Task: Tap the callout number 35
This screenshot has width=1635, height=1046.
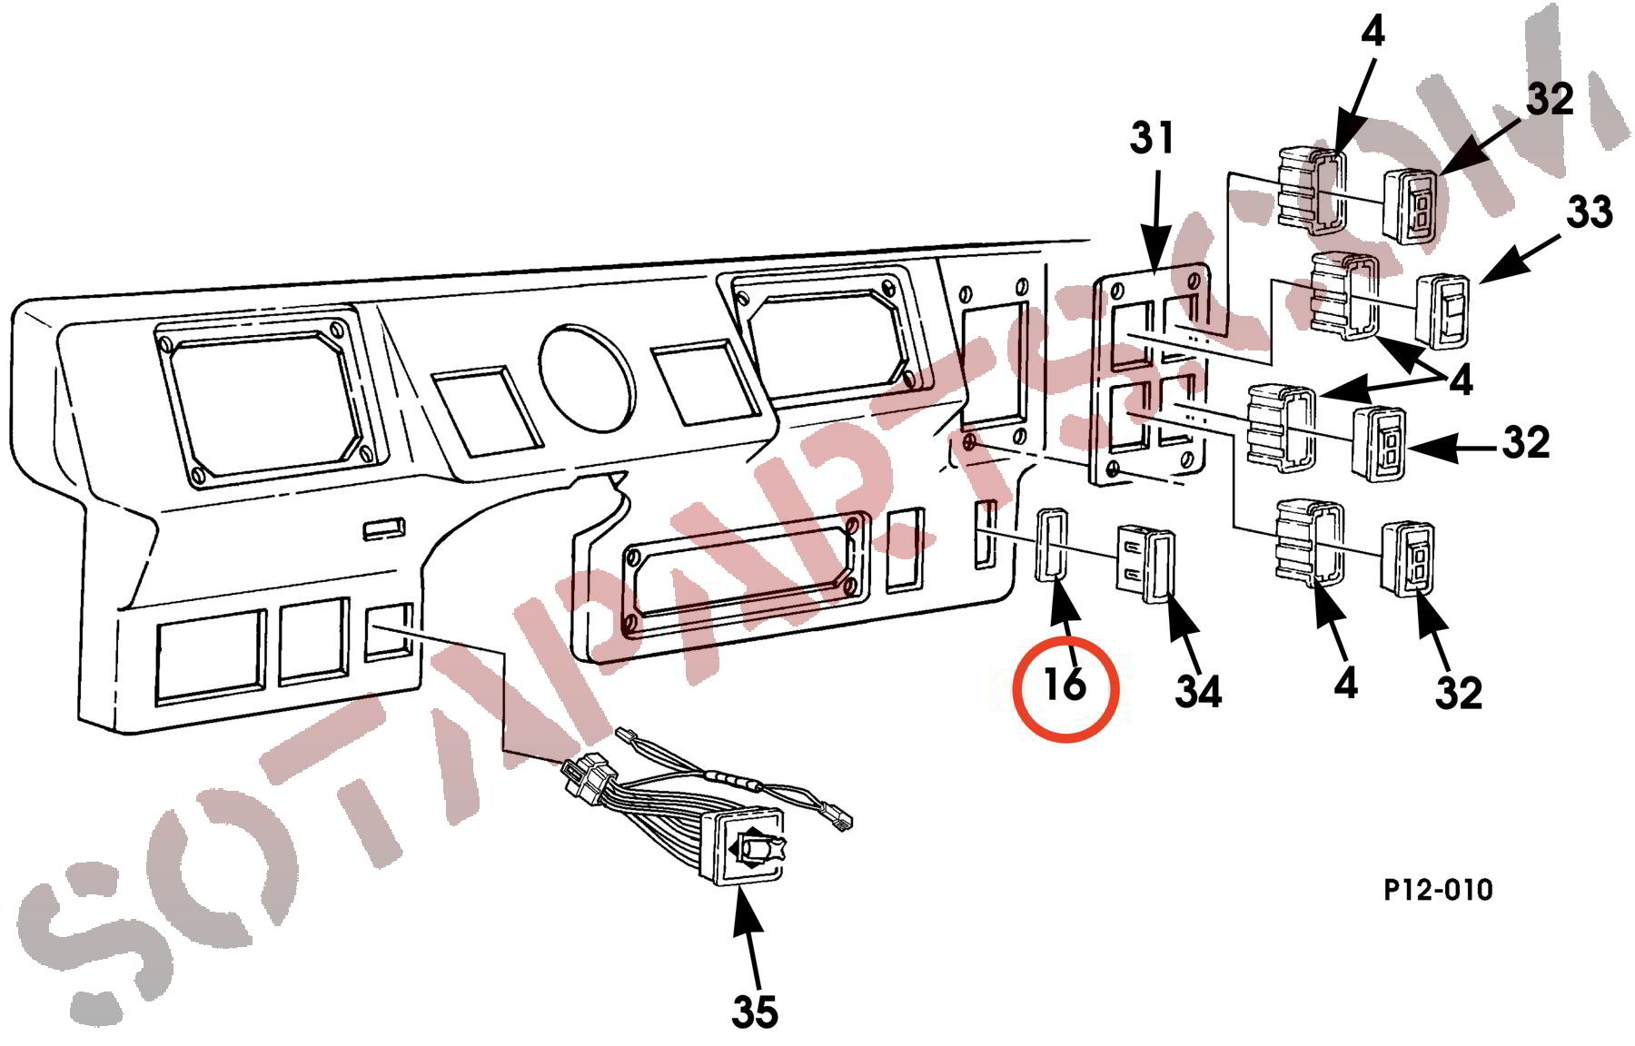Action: tap(755, 1011)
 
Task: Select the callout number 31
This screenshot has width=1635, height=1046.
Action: tap(1153, 140)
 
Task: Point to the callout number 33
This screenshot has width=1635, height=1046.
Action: tap(1589, 212)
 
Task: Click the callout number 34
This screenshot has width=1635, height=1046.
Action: tap(1199, 692)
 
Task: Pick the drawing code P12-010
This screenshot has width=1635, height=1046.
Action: tap(1438, 890)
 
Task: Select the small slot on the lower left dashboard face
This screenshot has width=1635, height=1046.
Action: tap(384, 528)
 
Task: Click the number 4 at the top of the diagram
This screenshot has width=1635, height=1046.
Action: tap(1372, 33)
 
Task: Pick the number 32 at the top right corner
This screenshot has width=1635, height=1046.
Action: tap(1550, 99)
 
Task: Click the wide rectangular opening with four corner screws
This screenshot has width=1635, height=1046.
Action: tap(739, 572)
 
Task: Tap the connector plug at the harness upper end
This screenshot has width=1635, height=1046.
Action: tap(590, 780)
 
